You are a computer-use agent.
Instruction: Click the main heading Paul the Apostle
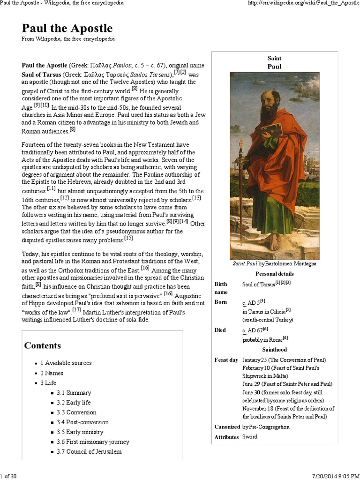67,28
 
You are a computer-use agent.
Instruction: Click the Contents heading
43,345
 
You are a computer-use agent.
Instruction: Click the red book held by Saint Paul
272,130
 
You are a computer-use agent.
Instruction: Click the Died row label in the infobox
220,330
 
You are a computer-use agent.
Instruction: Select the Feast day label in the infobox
226,360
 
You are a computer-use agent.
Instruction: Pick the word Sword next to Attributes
250,437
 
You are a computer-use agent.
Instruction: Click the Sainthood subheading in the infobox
274,350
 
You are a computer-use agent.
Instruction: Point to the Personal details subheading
274,274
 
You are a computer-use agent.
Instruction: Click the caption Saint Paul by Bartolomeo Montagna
274,263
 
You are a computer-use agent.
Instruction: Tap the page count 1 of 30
9,476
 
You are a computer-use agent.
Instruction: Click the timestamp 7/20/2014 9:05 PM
333,476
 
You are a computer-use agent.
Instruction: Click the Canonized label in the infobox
227,427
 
